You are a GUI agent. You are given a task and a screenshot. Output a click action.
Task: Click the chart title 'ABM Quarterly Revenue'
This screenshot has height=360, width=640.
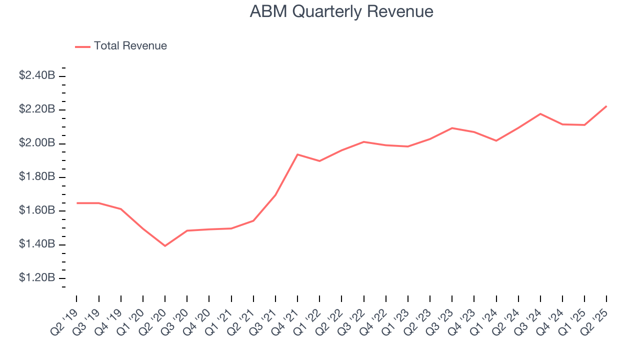341,11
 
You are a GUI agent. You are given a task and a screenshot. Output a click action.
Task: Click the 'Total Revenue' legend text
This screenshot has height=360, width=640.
130,46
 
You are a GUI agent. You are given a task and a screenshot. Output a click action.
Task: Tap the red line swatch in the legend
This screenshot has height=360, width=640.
82,46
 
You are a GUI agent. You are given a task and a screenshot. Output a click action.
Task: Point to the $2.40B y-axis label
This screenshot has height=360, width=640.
37,75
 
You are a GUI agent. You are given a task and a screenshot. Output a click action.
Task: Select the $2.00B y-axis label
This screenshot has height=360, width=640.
37,143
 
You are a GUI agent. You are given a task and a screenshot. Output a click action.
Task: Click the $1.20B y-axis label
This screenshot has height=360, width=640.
37,277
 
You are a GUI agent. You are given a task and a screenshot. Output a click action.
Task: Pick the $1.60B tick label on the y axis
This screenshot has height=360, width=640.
37,210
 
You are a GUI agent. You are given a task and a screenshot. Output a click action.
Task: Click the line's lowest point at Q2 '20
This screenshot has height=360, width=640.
165,245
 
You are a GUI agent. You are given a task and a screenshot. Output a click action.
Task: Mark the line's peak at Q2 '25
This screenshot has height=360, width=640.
606,106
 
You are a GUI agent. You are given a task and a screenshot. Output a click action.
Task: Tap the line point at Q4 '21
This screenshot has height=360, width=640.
297,154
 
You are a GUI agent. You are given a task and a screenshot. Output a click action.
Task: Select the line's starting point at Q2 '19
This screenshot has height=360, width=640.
76,203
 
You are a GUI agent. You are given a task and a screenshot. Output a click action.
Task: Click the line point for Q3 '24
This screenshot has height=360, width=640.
540,113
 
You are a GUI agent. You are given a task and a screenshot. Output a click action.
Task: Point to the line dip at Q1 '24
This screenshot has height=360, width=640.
496,140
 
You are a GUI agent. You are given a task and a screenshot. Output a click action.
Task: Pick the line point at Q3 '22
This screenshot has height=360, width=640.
363,142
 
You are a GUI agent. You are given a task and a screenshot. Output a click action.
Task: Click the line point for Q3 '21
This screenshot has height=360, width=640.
275,195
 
